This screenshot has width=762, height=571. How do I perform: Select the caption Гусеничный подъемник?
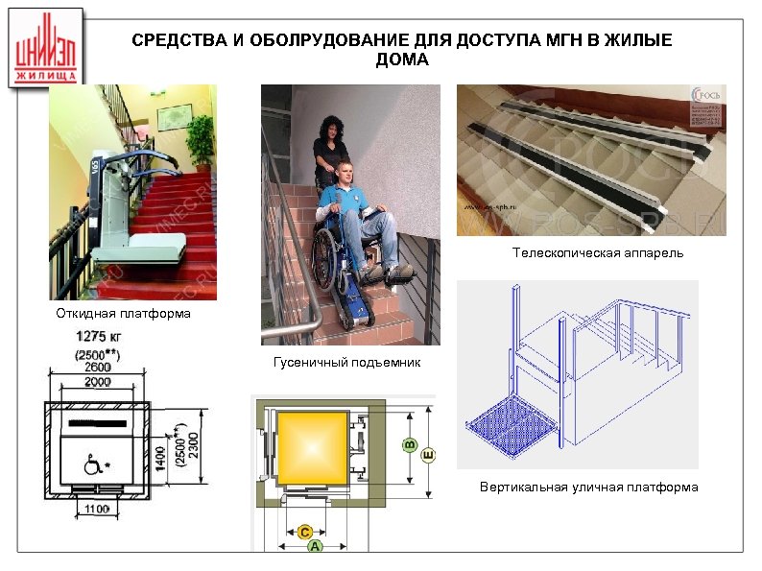tap(346, 363)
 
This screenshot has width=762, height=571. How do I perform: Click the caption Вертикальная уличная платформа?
tap(588, 488)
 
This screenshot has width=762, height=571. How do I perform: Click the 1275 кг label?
tap(98, 337)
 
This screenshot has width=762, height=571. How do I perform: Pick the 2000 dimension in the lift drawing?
tap(97, 381)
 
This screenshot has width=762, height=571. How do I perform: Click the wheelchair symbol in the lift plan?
tap(94, 465)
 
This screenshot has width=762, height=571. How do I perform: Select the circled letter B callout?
tap(409, 444)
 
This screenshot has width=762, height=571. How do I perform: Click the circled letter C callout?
tap(304, 531)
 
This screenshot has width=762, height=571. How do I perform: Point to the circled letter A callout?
tap(314, 545)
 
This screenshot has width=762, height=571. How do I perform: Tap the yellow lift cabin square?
tap(309, 447)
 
